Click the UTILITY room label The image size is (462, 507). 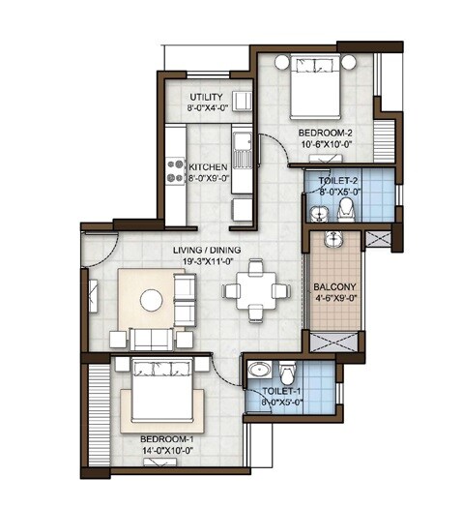pos(207,97)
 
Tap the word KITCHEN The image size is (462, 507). pos(208,166)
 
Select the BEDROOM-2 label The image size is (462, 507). pos(324,132)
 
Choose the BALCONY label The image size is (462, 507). pos(334,287)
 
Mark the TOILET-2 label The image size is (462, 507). pos(336,178)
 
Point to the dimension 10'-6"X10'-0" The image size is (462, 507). pos(325,143)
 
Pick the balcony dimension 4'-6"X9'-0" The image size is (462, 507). pos(334,300)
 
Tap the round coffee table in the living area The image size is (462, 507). pos(152,302)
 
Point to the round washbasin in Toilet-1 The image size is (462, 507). pos(258,371)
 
